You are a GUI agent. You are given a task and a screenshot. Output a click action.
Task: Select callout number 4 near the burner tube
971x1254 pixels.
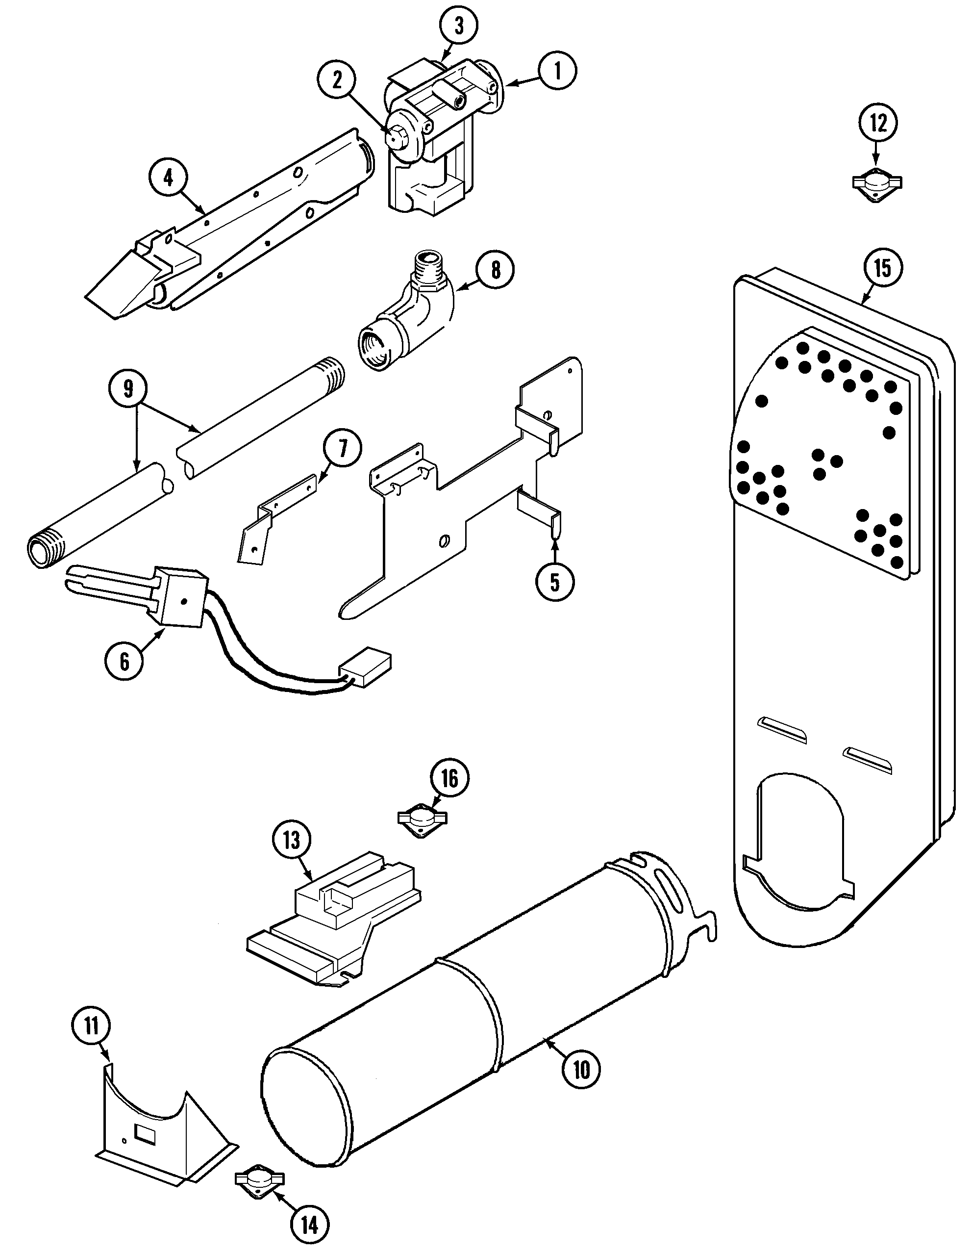point(168,178)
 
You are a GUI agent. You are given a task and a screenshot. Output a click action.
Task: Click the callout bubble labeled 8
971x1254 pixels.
point(495,269)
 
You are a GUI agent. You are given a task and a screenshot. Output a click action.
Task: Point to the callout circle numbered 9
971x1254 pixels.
point(128,389)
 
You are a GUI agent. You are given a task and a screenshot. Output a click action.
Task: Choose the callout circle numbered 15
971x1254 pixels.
point(883,268)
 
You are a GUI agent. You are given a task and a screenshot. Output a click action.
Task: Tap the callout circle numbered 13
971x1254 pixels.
point(292,841)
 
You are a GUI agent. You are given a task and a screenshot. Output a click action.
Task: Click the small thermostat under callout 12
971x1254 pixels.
point(876,184)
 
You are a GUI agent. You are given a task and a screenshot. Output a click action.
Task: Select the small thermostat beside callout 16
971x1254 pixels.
point(423,819)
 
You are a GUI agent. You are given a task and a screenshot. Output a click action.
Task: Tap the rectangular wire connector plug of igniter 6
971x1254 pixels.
point(365,668)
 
